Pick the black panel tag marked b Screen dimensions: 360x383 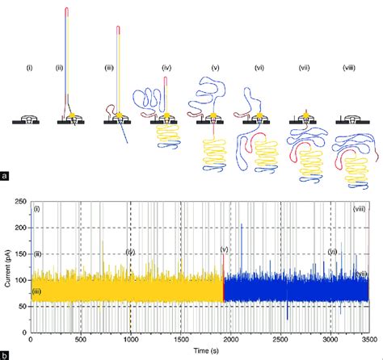click(6, 354)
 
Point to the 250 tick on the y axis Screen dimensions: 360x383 click(20, 199)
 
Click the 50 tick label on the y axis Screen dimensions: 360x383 click(22, 306)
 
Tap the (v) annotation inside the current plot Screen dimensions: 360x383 click(223, 249)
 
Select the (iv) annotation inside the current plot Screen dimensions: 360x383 click(129, 253)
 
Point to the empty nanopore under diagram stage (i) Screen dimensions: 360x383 click(30, 119)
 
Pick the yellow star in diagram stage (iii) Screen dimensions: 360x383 click(120, 117)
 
